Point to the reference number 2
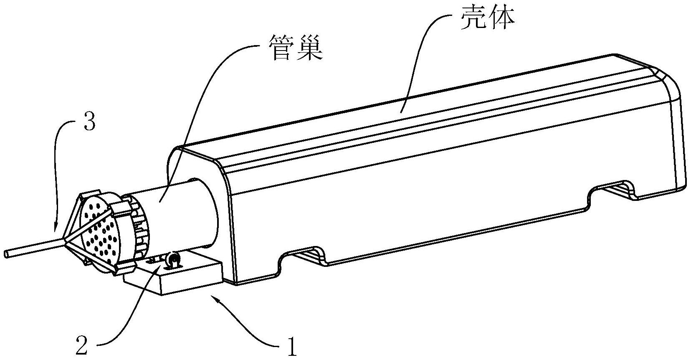pyautogui.click(x=82, y=346)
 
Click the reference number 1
pyautogui.click(x=292, y=346)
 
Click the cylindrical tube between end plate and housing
pyautogui.click(x=175, y=209)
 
